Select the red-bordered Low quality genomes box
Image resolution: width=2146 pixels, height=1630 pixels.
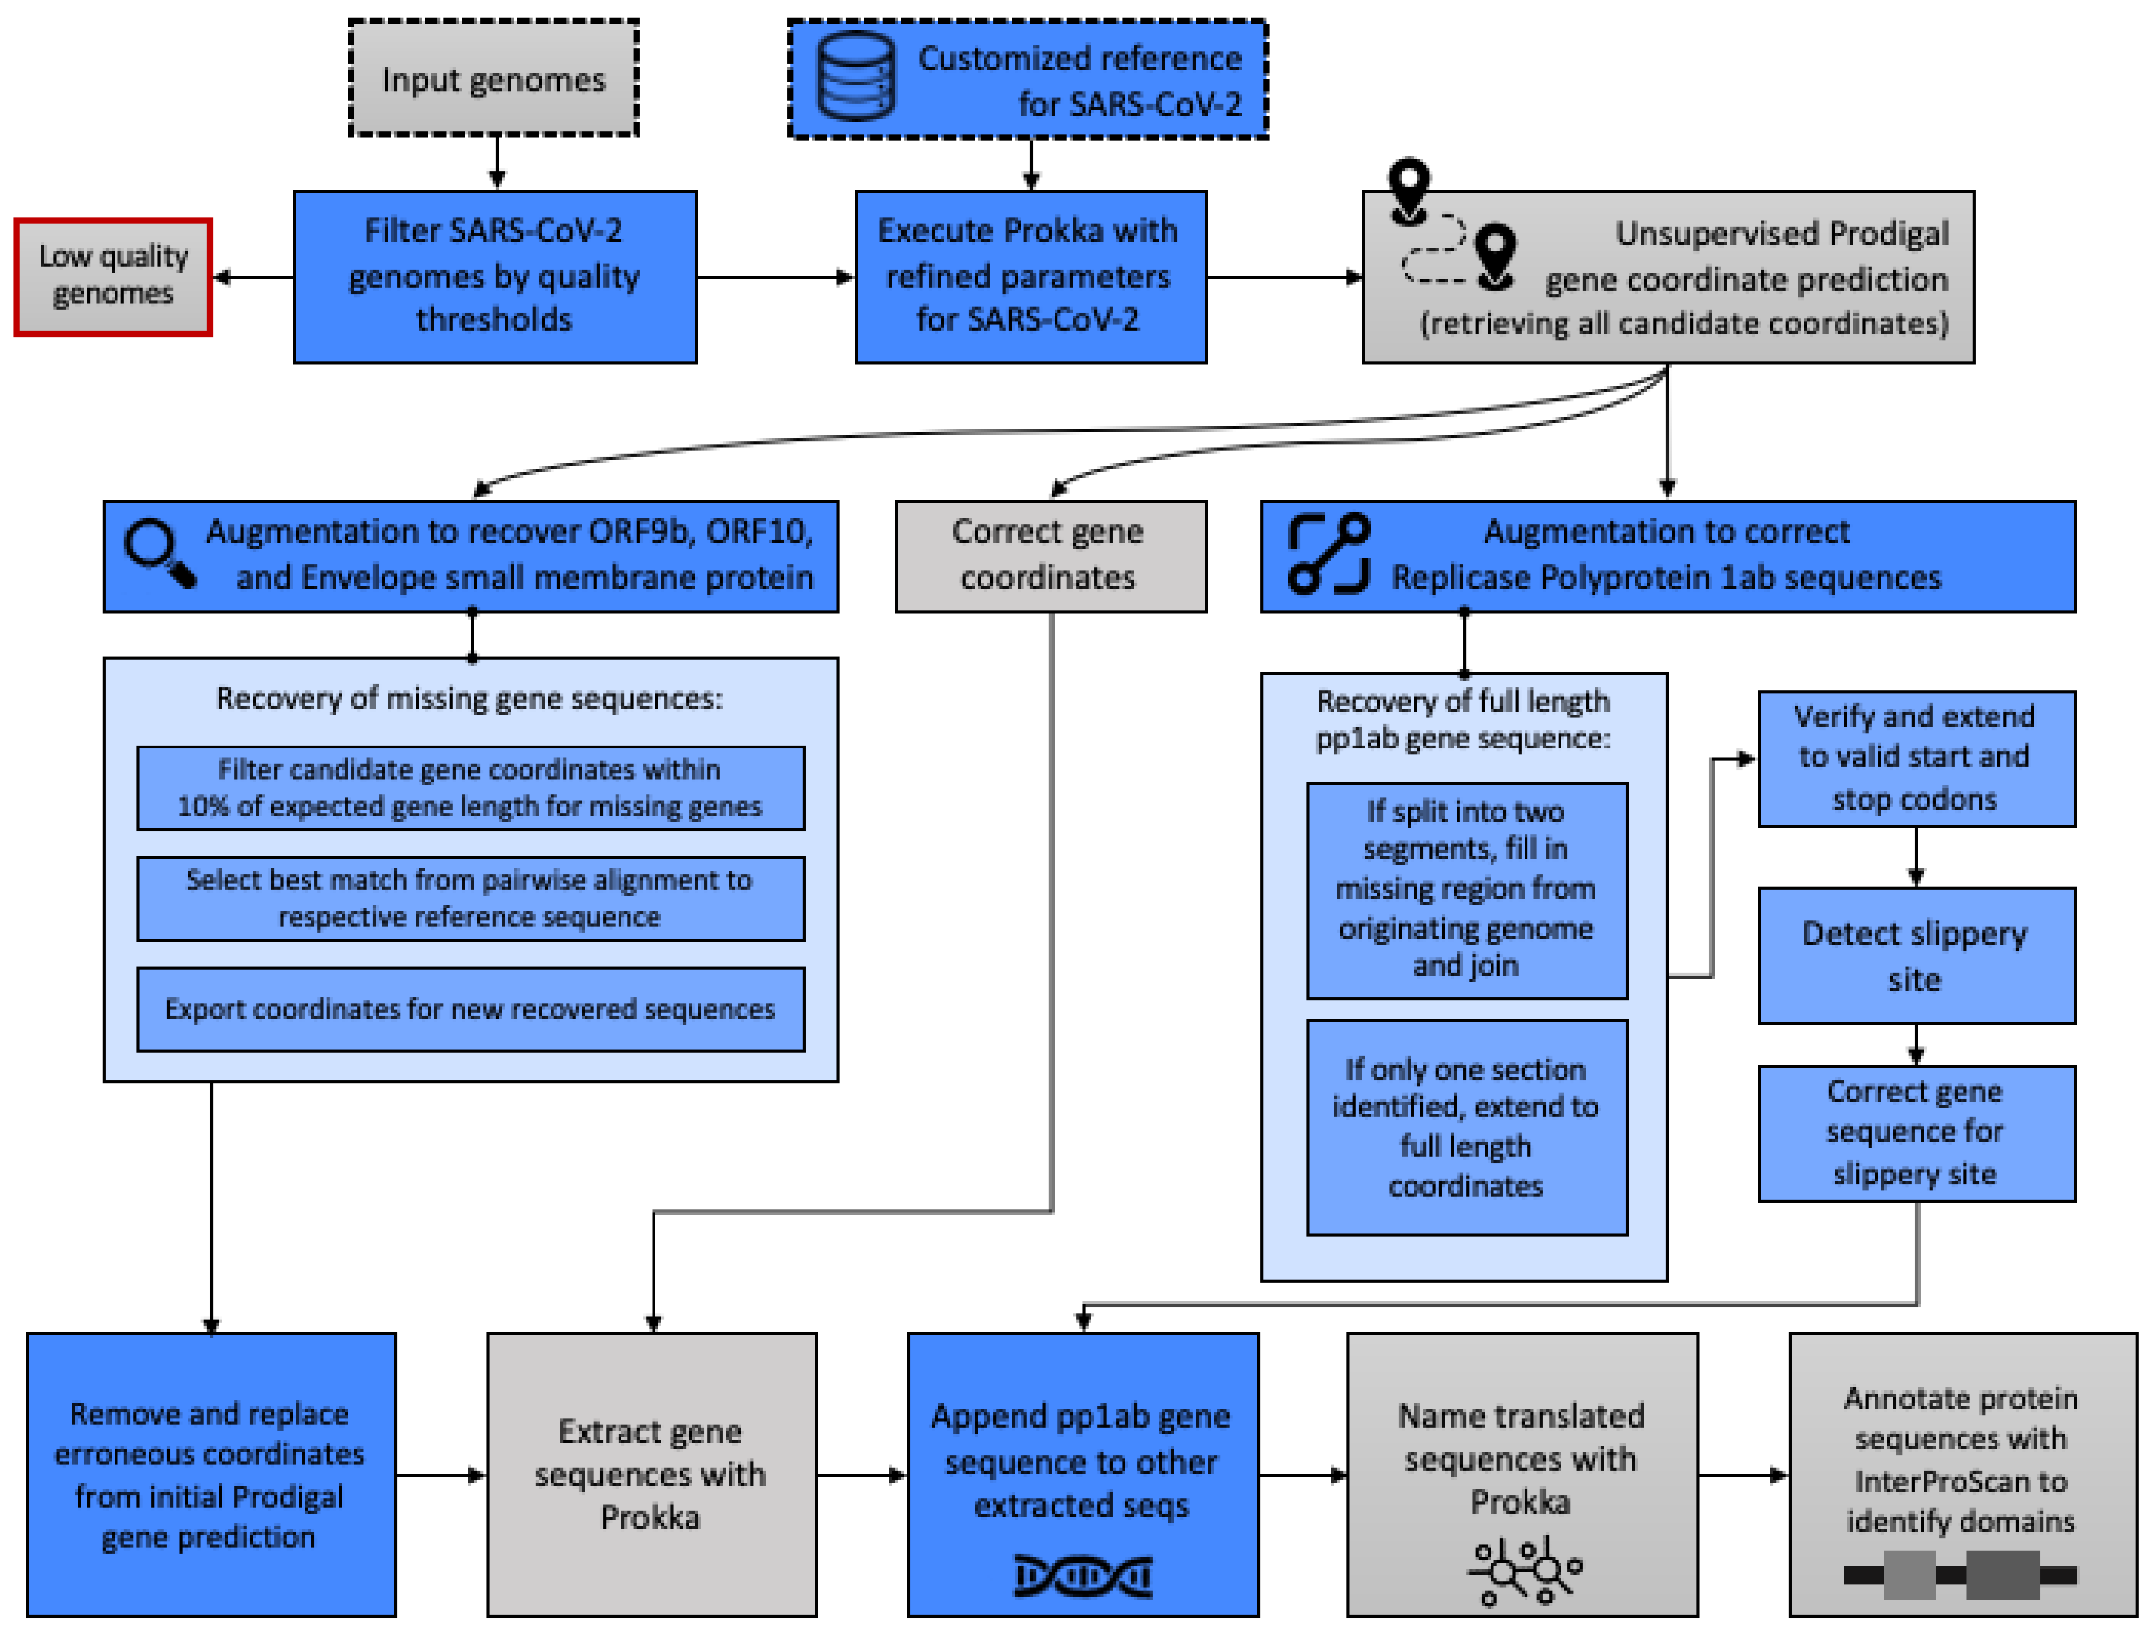(113, 277)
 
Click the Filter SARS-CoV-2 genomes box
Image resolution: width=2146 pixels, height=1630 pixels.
(495, 277)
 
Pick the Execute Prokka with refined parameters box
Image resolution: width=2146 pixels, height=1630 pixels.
(1030, 277)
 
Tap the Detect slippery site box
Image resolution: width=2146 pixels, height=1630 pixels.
(1916, 955)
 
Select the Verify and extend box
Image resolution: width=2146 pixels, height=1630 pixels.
(1916, 759)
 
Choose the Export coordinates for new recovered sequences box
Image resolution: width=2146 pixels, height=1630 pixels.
(471, 1009)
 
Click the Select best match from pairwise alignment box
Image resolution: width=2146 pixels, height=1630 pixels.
(471, 898)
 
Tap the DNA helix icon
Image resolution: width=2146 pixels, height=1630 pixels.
(1082, 1576)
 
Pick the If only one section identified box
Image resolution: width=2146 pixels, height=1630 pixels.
(1466, 1127)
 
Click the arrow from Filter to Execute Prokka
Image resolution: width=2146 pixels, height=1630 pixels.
(775, 277)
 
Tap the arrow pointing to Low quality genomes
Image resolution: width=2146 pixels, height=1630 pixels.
(252, 277)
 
